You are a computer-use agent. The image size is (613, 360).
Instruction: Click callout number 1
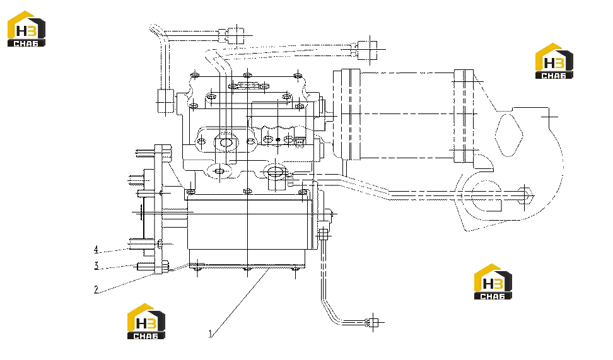(x=211, y=334)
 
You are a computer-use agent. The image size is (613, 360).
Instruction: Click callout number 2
(x=96, y=289)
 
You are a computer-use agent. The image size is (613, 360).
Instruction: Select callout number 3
(x=96, y=266)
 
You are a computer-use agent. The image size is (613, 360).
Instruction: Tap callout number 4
(x=96, y=250)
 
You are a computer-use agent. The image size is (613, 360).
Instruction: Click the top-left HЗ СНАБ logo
(x=26, y=29)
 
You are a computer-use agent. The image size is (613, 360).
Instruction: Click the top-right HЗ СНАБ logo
(x=554, y=61)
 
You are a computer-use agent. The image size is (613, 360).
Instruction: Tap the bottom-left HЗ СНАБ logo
(x=146, y=322)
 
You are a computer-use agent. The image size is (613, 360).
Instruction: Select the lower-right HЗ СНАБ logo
(x=493, y=281)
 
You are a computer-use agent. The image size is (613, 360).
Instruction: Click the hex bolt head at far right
(x=525, y=196)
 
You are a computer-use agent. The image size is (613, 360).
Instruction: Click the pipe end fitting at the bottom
(x=373, y=322)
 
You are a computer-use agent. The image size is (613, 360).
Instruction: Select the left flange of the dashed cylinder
(x=351, y=115)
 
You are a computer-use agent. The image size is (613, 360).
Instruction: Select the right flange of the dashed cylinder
(x=464, y=117)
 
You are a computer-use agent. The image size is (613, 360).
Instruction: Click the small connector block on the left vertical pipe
(x=166, y=101)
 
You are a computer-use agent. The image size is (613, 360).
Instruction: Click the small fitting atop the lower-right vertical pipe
(x=323, y=235)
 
